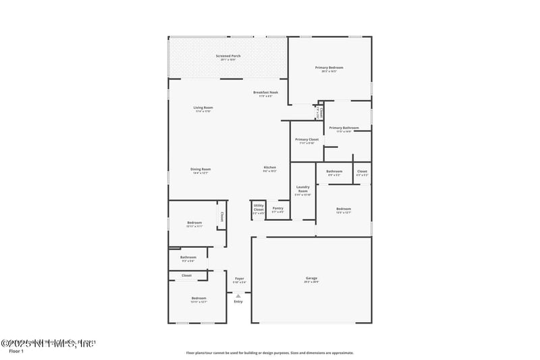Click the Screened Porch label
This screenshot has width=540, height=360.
click(228, 56)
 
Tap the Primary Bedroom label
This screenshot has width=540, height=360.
click(329, 68)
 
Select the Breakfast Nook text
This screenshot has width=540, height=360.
click(265, 93)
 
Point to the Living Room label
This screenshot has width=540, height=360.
click(203, 108)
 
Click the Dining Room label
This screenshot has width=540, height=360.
click(200, 170)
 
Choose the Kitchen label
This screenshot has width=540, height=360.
click(269, 168)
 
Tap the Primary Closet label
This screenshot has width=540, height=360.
click(306, 140)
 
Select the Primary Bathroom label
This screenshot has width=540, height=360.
click(344, 128)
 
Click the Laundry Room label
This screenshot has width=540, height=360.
click(302, 190)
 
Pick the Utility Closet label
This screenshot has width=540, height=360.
click(259, 208)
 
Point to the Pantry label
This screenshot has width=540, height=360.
click(277, 209)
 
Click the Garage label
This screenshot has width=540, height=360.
click(311, 278)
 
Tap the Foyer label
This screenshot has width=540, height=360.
click(239, 278)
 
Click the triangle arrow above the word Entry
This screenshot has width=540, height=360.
click(238, 295)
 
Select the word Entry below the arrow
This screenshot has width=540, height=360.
click(238, 301)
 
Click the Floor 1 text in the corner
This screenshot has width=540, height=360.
click(16, 351)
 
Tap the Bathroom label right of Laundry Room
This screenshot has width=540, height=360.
click(334, 172)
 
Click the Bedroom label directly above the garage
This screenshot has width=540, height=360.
click(344, 209)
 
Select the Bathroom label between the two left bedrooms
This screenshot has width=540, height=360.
click(188, 257)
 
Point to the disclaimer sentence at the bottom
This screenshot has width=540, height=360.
click(269, 353)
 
